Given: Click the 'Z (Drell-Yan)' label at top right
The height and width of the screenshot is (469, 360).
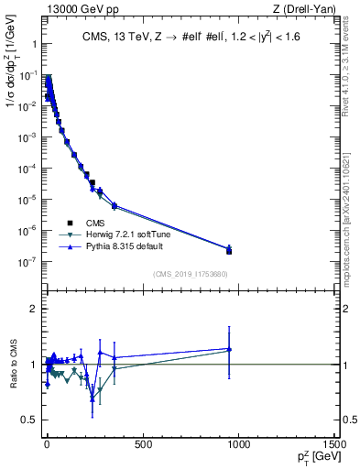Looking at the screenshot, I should pos(308,9).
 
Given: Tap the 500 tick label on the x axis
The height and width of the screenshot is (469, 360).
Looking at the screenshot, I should pos(142,445).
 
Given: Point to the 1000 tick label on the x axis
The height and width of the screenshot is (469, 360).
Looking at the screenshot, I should pos(239,445).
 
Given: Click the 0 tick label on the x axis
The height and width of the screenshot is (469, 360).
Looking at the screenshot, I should pos(46,445).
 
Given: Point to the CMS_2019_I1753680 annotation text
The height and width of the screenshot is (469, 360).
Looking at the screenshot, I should pos(190,273).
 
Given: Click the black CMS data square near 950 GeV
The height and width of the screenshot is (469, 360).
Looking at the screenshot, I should pos(229,251).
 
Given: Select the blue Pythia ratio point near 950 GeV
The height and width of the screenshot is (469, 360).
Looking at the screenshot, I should pos(229,348).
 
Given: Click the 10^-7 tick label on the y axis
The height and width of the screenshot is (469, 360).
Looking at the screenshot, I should pos(27,261).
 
